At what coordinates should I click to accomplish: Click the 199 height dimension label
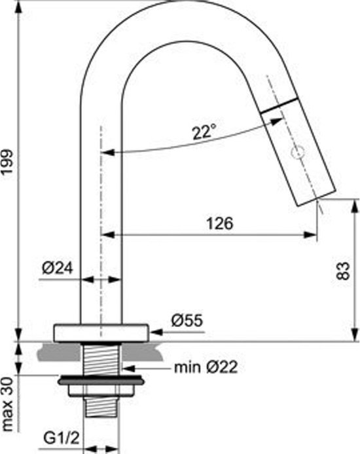click(7, 162)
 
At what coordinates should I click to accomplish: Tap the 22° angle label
click(204, 132)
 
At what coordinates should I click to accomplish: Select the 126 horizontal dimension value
click(219, 223)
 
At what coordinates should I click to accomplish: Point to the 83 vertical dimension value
click(344, 271)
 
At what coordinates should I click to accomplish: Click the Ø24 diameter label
click(58, 268)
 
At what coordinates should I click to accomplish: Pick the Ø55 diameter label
click(187, 320)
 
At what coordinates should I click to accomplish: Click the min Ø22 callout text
click(206, 367)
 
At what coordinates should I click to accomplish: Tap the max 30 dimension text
click(7, 404)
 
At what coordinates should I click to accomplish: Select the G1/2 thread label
click(62, 438)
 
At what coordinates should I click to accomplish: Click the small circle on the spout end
click(298, 152)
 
